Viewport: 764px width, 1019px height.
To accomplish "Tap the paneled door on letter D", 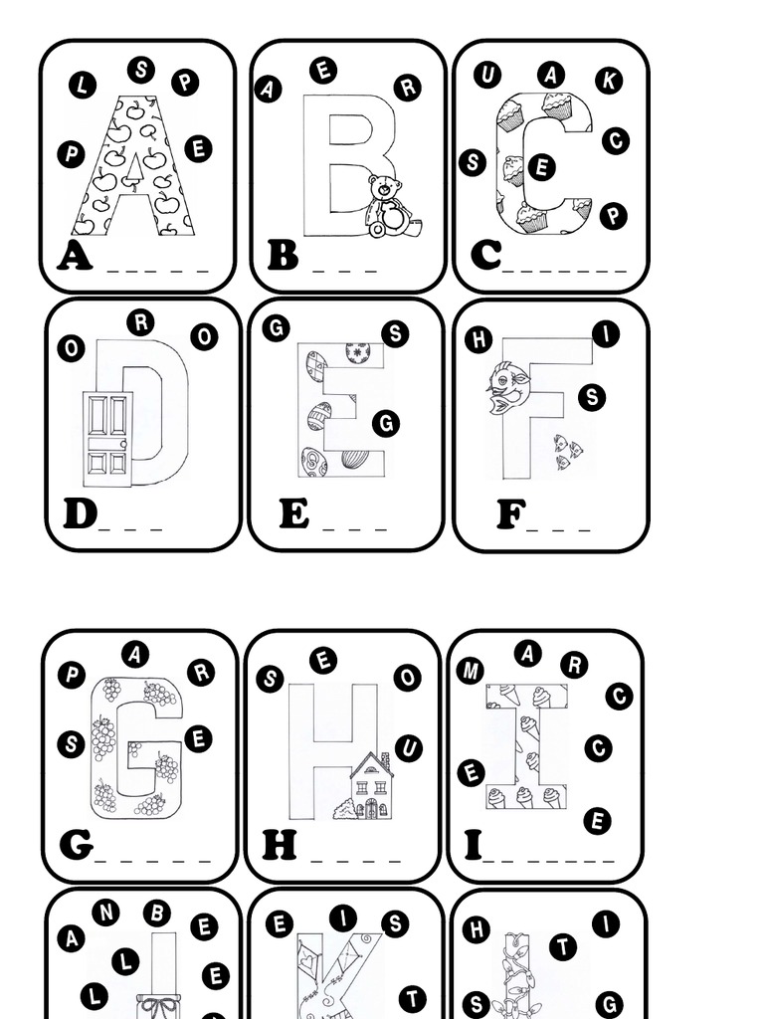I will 107,438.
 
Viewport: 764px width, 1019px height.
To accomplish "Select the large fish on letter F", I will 508,389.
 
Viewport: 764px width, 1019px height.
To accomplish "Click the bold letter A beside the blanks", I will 75,257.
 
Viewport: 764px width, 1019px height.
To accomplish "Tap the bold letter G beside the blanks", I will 76,845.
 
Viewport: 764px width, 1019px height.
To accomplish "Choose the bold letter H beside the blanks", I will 280,845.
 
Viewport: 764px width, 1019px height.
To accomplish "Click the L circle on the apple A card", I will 82,86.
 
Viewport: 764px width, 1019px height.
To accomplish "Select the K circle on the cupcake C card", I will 609,81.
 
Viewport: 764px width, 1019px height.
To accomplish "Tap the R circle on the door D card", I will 140,322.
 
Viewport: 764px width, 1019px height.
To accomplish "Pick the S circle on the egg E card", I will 395,333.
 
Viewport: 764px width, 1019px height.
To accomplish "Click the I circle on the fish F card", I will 606,334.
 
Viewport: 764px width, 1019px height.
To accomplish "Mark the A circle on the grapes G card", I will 135,654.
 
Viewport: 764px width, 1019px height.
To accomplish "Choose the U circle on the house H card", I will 408,748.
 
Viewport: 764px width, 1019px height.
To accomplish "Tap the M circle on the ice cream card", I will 470,671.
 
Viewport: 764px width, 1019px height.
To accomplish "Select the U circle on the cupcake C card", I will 486,75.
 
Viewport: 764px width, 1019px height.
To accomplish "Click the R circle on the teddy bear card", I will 407,88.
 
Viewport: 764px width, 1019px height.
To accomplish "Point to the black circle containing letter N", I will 105,912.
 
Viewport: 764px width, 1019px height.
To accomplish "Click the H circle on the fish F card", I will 478,339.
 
